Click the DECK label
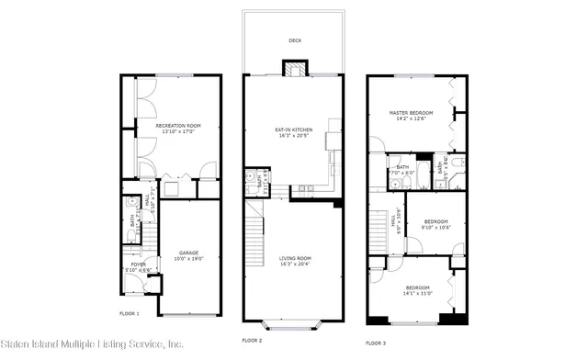click(x=295, y=40)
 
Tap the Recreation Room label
click(x=177, y=125)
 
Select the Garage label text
click(x=188, y=253)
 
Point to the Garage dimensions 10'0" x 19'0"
click(x=188, y=258)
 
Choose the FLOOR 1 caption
click(x=130, y=314)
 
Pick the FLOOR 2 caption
click(x=252, y=340)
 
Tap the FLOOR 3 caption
click(x=376, y=342)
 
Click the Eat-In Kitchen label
click(x=294, y=129)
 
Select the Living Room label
click(x=295, y=258)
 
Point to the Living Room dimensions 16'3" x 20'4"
click(x=295, y=264)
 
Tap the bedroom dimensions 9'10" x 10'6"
click(x=435, y=227)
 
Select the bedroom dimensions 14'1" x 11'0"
click(x=416, y=293)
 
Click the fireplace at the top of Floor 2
click(x=295, y=70)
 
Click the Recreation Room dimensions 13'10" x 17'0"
click(x=177, y=131)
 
